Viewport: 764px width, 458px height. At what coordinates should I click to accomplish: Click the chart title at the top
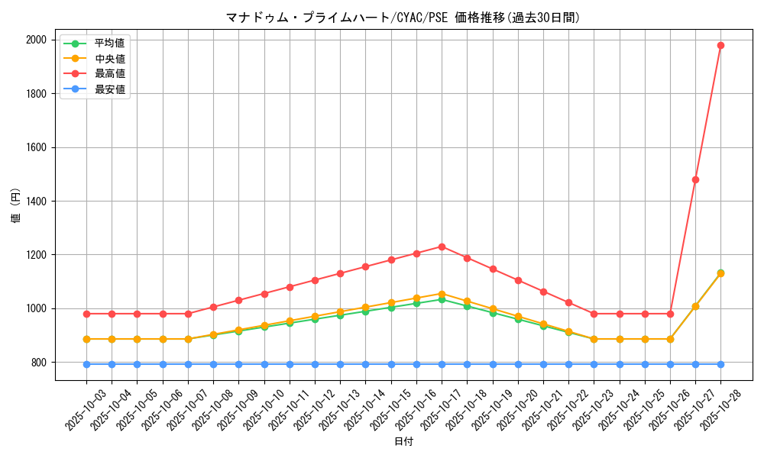click(403, 18)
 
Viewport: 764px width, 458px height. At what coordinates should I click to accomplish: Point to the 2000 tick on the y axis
click(37, 40)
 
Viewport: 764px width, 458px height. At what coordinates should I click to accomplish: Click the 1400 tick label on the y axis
click(37, 202)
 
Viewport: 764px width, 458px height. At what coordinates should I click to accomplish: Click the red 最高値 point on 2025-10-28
click(720, 45)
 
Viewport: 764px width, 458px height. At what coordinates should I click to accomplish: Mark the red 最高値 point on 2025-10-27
click(695, 179)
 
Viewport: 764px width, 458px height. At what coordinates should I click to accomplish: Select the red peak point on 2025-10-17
click(442, 247)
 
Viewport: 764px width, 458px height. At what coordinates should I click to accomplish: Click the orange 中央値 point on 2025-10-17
click(442, 294)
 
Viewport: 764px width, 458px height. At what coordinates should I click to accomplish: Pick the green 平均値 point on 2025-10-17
click(442, 300)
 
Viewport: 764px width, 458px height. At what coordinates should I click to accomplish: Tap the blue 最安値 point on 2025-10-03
click(86, 364)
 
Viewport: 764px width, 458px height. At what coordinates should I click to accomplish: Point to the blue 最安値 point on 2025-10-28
click(720, 364)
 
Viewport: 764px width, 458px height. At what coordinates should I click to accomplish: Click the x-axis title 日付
click(403, 442)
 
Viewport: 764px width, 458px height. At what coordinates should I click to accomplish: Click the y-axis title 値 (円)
click(16, 207)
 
